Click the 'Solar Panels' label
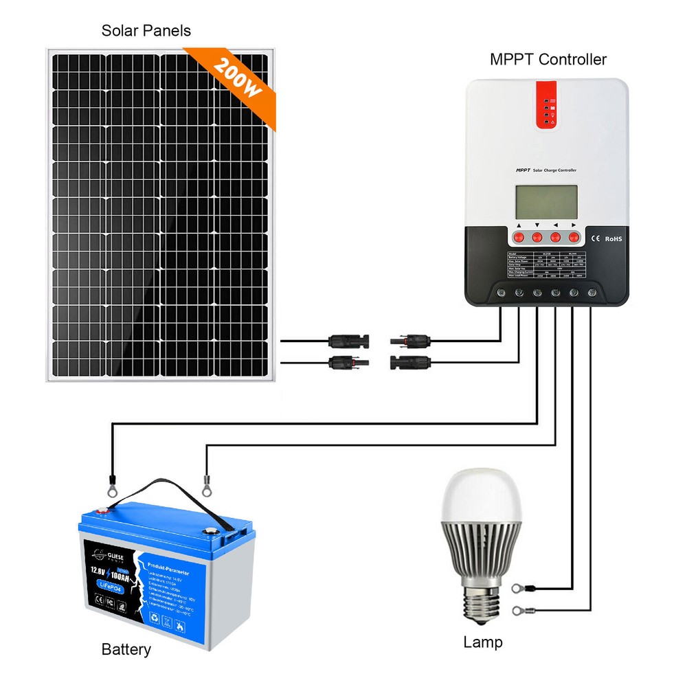(146, 31)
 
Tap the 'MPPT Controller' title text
(548, 59)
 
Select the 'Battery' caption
(126, 649)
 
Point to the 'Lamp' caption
(482, 642)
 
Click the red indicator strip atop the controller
(546, 104)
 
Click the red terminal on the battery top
(103, 511)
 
